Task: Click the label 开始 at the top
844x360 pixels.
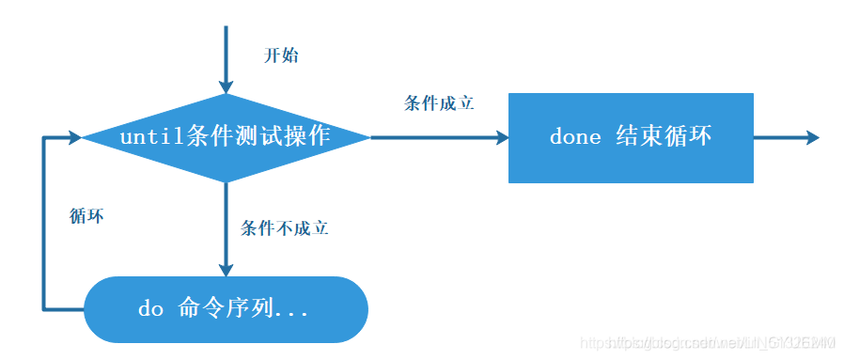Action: click(280, 55)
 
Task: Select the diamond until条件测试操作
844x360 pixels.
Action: click(226, 137)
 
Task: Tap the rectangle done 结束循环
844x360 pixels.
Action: click(631, 137)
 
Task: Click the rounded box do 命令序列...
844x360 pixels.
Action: click(226, 308)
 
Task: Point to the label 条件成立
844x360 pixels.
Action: click(439, 103)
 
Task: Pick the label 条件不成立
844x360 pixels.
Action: click(284, 227)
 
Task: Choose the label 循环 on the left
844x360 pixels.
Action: click(86, 215)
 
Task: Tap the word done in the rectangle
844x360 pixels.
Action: click(575, 137)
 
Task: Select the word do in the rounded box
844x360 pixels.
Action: click(150, 308)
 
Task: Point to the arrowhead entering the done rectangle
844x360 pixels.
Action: click(500, 137)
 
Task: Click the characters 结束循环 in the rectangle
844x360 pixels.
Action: click(664, 137)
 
